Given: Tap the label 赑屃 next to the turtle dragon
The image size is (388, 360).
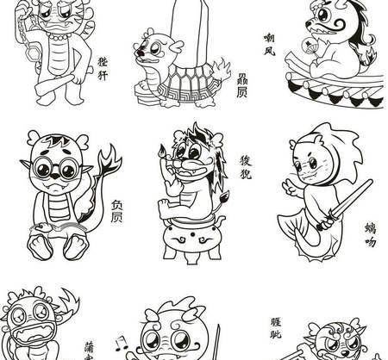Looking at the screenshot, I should [242, 83].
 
